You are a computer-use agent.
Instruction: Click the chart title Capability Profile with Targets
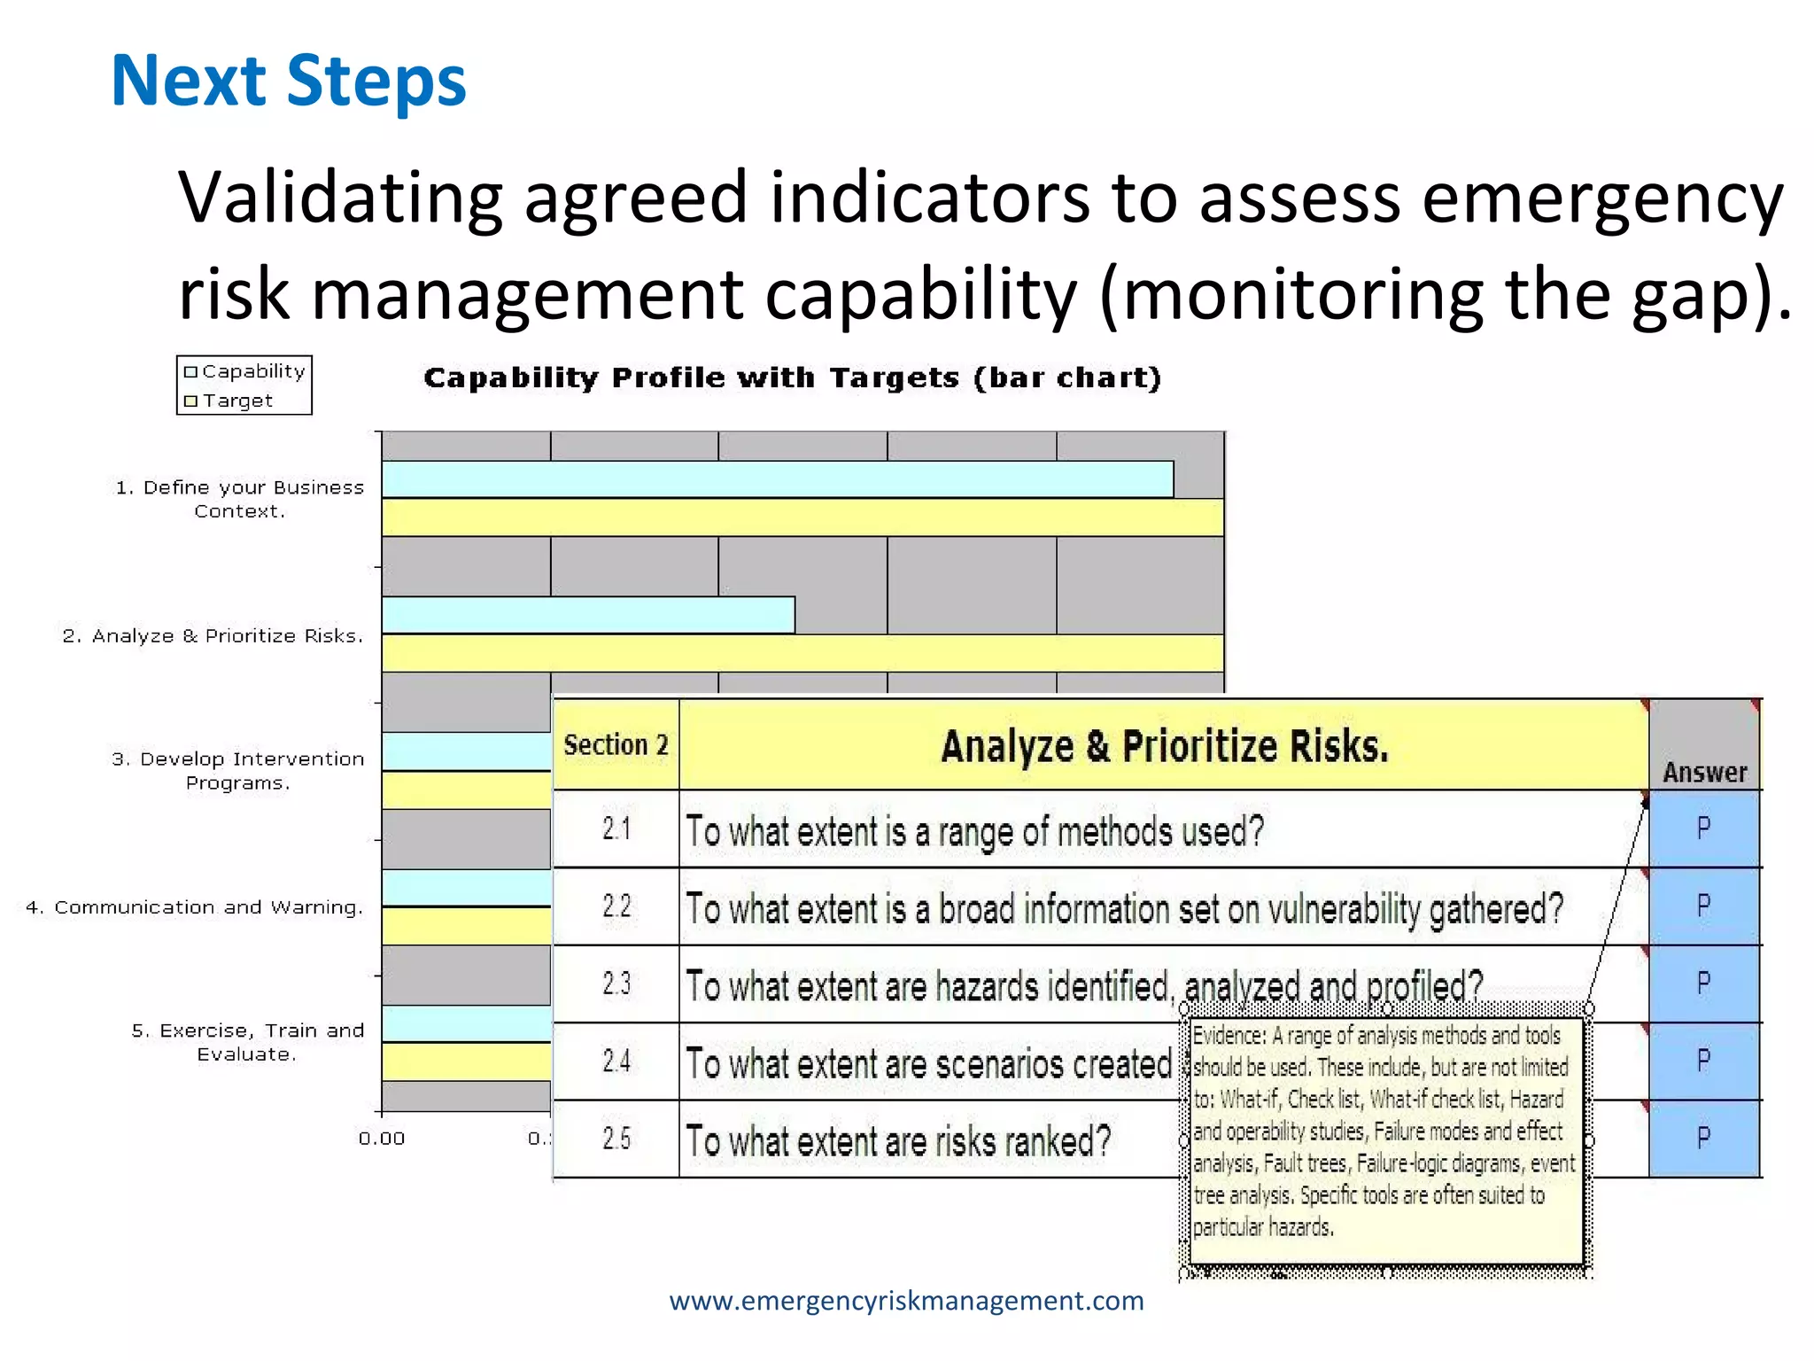pyautogui.click(x=792, y=378)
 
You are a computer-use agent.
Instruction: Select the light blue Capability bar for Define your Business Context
pyautogui.click(x=777, y=479)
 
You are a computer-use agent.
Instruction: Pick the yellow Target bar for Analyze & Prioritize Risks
pyautogui.click(x=802, y=653)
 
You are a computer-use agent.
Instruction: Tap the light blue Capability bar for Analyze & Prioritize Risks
pyautogui.click(x=588, y=615)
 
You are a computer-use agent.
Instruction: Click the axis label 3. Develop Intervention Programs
pyautogui.click(x=237, y=770)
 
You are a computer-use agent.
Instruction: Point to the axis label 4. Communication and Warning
pyautogui.click(x=195, y=907)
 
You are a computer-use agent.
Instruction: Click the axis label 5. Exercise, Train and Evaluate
pyautogui.click(x=247, y=1042)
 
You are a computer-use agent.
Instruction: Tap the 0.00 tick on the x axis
pyautogui.click(x=382, y=1139)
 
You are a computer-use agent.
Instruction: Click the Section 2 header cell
pyautogui.click(x=616, y=745)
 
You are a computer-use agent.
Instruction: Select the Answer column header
pyautogui.click(x=1704, y=772)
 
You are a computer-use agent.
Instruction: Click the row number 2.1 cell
pyautogui.click(x=616, y=829)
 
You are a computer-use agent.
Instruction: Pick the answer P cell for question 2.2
pyautogui.click(x=1703, y=906)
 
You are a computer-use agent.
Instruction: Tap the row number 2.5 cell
pyautogui.click(x=616, y=1139)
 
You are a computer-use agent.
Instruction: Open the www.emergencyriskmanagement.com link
pyautogui.click(x=906, y=1301)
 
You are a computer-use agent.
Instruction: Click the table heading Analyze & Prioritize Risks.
pyautogui.click(x=1164, y=746)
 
